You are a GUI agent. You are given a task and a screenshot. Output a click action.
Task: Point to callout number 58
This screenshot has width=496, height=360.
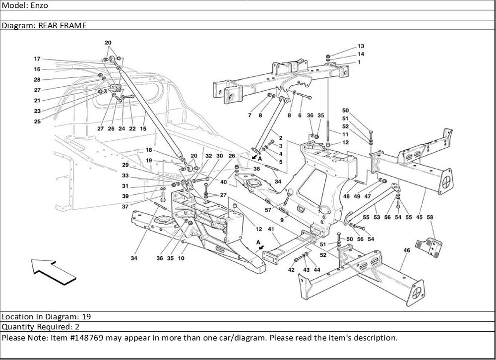pos(430,217)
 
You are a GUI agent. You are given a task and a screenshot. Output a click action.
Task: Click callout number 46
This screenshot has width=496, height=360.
pos(406,251)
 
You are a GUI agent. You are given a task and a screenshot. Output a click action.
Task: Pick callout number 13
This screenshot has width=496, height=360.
pos(361,46)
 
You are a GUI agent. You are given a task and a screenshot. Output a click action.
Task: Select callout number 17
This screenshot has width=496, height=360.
pos(37,59)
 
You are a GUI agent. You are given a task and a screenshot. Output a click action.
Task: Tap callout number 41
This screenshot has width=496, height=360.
pos(271,229)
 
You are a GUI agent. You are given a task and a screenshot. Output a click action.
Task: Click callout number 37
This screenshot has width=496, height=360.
pos(125,207)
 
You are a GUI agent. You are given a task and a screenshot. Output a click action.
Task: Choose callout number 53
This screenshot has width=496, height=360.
pos(377,217)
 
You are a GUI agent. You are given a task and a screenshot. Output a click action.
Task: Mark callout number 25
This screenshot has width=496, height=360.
pos(37,121)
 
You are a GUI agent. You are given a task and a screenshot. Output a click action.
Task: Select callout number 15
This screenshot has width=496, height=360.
pos(143,128)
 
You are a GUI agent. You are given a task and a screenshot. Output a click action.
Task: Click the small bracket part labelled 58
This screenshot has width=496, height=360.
pos(429,245)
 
